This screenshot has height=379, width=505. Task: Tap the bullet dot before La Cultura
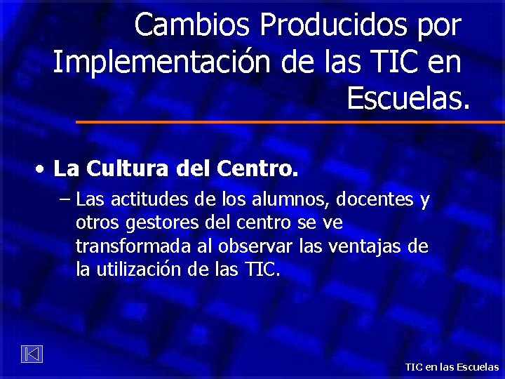point(43,170)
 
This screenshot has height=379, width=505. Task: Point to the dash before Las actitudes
point(65,199)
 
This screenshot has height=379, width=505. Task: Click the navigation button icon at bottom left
point(31,354)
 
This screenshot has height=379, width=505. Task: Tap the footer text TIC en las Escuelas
point(452,367)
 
